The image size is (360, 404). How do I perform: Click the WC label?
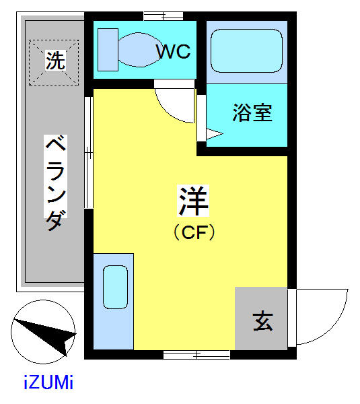pos(174,51)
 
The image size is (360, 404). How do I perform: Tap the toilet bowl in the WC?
pos(139,48)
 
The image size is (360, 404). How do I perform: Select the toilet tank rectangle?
pos(108,48)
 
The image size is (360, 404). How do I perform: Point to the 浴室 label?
pos(252,112)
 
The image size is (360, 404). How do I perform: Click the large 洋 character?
pos(194,200)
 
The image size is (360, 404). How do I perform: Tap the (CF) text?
pos(194,232)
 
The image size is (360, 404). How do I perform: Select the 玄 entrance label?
pos(262,321)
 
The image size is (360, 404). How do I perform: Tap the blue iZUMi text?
pos(48,384)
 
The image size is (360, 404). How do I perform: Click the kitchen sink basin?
pos(115,287)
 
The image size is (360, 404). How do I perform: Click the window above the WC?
pos(164,15)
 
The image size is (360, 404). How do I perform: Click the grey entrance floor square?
pos(261,318)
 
